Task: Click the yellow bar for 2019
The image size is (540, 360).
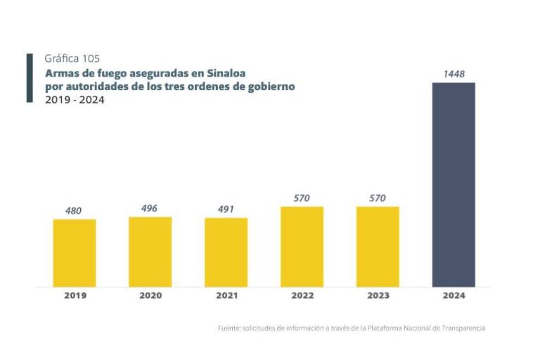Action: (75, 253)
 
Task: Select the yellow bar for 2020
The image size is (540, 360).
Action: (150, 252)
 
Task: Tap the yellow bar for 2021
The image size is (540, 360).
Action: (226, 252)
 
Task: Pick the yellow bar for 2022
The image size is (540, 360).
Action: (302, 247)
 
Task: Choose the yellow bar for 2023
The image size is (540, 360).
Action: (378, 247)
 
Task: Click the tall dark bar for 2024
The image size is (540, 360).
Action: (454, 185)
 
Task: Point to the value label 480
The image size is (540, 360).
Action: (75, 210)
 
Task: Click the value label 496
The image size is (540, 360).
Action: (149, 208)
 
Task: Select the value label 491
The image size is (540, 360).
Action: (226, 209)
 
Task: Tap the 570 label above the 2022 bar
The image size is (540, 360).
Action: (302, 198)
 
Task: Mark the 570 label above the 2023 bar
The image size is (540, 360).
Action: (378, 198)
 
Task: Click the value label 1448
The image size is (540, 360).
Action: (454, 74)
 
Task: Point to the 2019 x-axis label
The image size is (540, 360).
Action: (75, 296)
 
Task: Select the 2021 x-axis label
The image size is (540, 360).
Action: (226, 296)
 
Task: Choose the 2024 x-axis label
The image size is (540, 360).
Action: (454, 296)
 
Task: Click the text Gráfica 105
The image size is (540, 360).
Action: (67, 58)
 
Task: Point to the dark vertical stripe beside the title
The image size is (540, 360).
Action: (30, 78)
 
